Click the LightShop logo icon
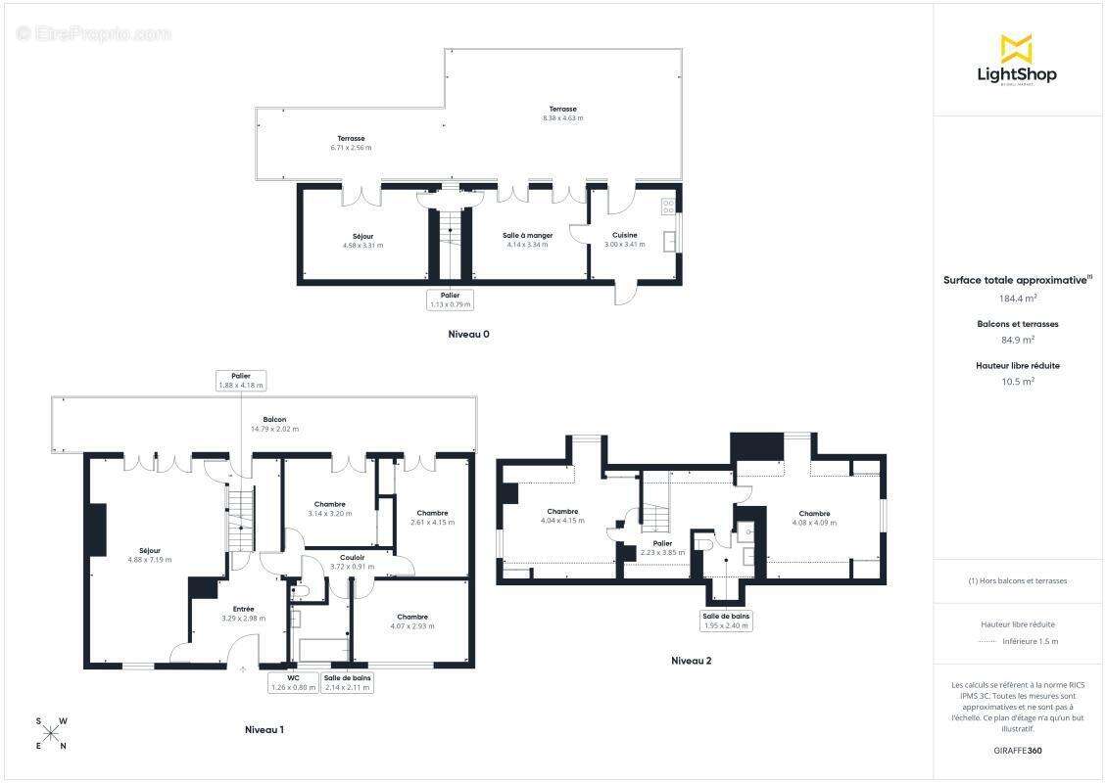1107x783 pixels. tap(1016, 48)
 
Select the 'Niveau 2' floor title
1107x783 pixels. tap(692, 661)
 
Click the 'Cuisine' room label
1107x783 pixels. tap(625, 235)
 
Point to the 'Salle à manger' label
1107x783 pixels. tap(529, 235)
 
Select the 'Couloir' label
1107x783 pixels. tap(352, 557)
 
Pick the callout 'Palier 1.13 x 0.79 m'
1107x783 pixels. tap(450, 299)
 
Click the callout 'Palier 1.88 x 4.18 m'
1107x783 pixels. tap(241, 381)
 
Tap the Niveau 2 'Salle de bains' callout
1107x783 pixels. tap(726, 621)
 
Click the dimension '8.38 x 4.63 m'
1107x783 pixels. tap(562, 118)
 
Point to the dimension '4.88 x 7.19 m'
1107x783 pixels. tap(149, 560)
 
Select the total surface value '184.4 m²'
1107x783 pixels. tap(1017, 299)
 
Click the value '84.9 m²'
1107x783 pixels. tap(1017, 341)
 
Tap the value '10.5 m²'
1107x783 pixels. tap(1017, 382)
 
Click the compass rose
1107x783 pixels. tap(51, 734)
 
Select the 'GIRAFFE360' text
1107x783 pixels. tap(1017, 750)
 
